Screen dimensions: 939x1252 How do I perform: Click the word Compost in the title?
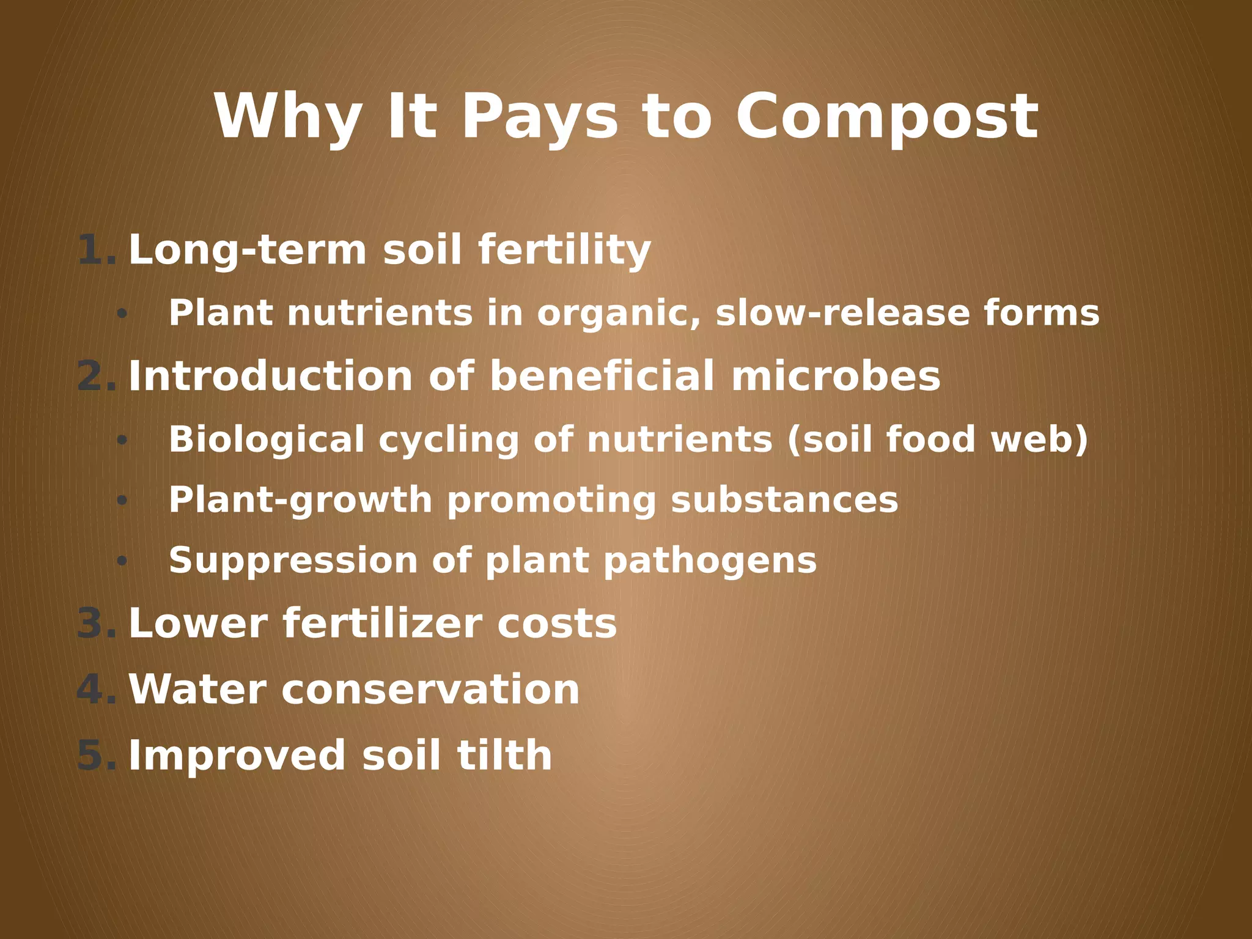886,117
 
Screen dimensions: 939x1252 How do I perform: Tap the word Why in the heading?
287,117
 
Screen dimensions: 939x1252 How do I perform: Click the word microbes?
836,377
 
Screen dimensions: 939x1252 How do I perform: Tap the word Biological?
267,440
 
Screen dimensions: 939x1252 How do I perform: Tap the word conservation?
430,690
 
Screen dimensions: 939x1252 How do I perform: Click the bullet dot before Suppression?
122,561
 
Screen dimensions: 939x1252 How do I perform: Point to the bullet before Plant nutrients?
122,314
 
